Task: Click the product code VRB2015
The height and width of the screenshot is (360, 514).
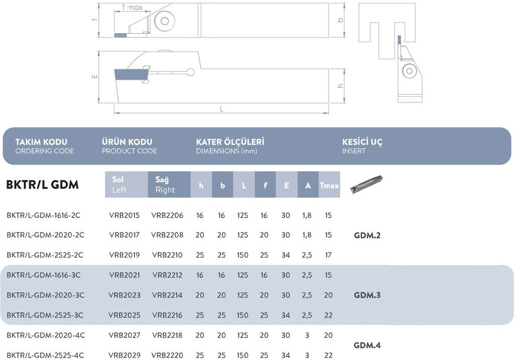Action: coord(124,215)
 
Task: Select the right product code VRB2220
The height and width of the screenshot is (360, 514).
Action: coord(167,355)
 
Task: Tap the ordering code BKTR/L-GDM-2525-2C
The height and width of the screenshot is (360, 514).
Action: coord(45,255)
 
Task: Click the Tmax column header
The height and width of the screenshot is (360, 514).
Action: coord(329,185)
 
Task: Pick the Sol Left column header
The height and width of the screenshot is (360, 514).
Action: coord(126,184)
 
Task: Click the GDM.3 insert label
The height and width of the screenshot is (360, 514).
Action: coord(367,295)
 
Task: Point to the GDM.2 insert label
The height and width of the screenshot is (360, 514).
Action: coord(367,235)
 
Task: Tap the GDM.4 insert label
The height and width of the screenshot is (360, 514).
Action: coord(367,345)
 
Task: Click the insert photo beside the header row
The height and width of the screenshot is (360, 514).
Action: coord(366,183)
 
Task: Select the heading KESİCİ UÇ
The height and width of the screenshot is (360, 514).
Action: coord(362,142)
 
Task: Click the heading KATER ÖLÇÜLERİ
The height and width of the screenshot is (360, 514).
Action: coord(230,142)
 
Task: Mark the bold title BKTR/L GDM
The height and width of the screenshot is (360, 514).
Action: coord(42,185)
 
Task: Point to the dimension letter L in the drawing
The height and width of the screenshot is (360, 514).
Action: coord(221,109)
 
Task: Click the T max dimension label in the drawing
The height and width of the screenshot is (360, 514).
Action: coord(132,8)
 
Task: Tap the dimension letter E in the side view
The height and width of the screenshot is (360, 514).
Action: coord(95,76)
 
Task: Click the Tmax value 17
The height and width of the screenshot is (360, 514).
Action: coord(328,255)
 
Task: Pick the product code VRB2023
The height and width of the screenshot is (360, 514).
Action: coord(124,295)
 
